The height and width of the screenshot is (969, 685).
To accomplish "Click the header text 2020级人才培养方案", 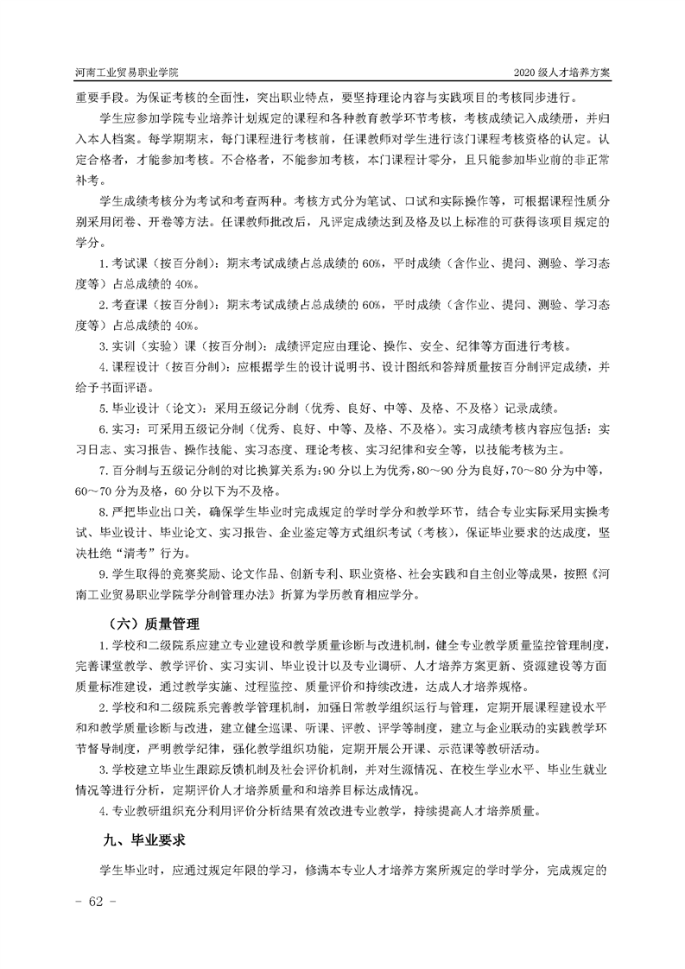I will point(561,73).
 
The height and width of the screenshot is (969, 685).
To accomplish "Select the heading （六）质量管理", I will point(150,623).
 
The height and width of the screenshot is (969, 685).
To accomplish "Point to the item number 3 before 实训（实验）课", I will point(103,346).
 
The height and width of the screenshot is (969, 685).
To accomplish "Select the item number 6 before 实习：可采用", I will point(103,429).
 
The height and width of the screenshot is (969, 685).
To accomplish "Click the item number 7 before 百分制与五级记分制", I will point(103,471).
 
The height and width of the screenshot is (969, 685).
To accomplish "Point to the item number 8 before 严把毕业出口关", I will point(103,512).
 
